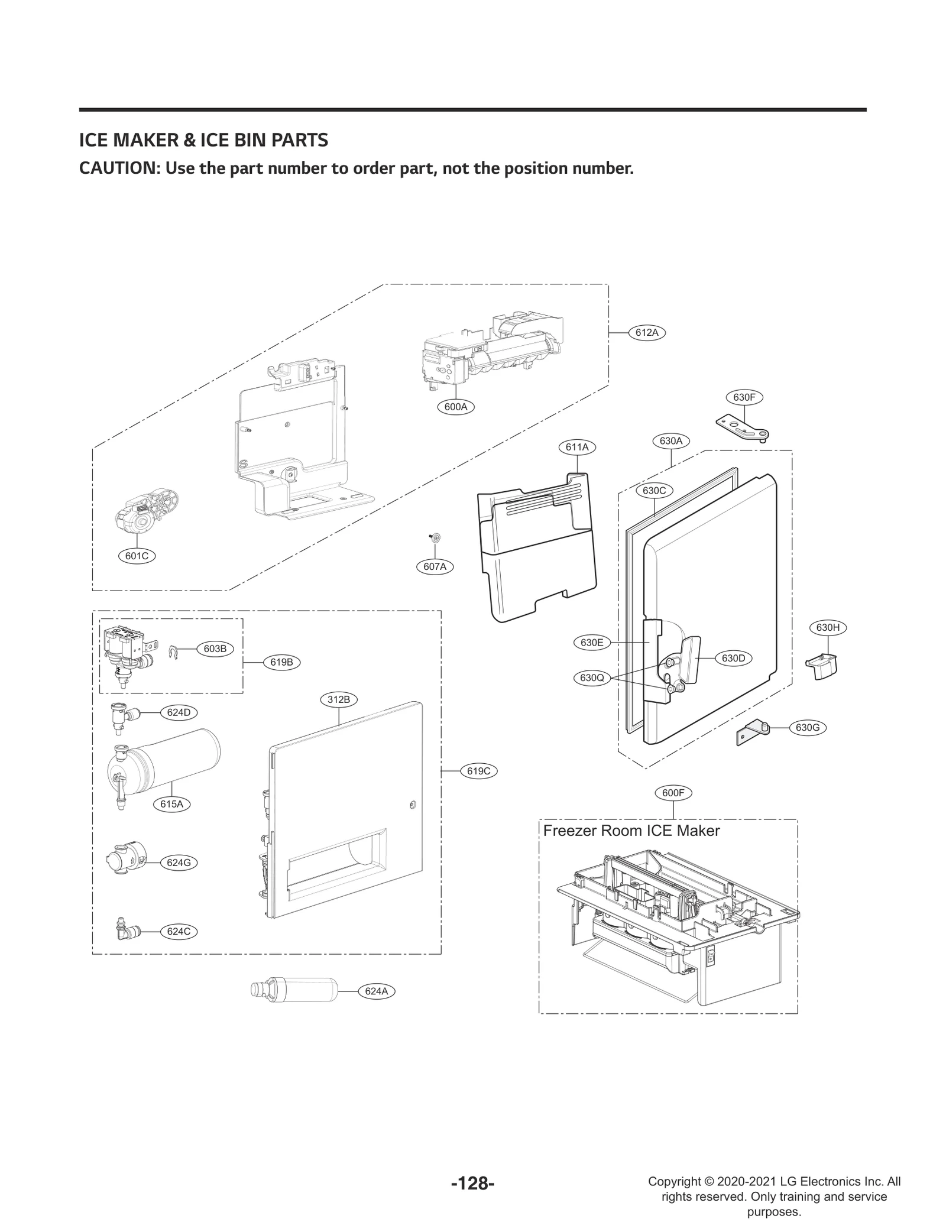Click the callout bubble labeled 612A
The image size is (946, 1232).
(x=647, y=332)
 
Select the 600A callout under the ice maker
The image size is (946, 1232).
(x=456, y=407)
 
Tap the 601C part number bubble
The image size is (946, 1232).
(x=137, y=556)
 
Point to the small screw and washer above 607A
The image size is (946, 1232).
(x=435, y=537)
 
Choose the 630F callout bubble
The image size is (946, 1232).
(x=744, y=397)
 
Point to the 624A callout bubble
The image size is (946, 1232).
(x=376, y=991)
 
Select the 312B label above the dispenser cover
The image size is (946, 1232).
(x=339, y=699)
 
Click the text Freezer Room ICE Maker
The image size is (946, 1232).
(x=631, y=831)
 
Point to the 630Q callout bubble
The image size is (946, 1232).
(x=592, y=678)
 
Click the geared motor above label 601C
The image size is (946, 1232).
(x=146, y=511)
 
